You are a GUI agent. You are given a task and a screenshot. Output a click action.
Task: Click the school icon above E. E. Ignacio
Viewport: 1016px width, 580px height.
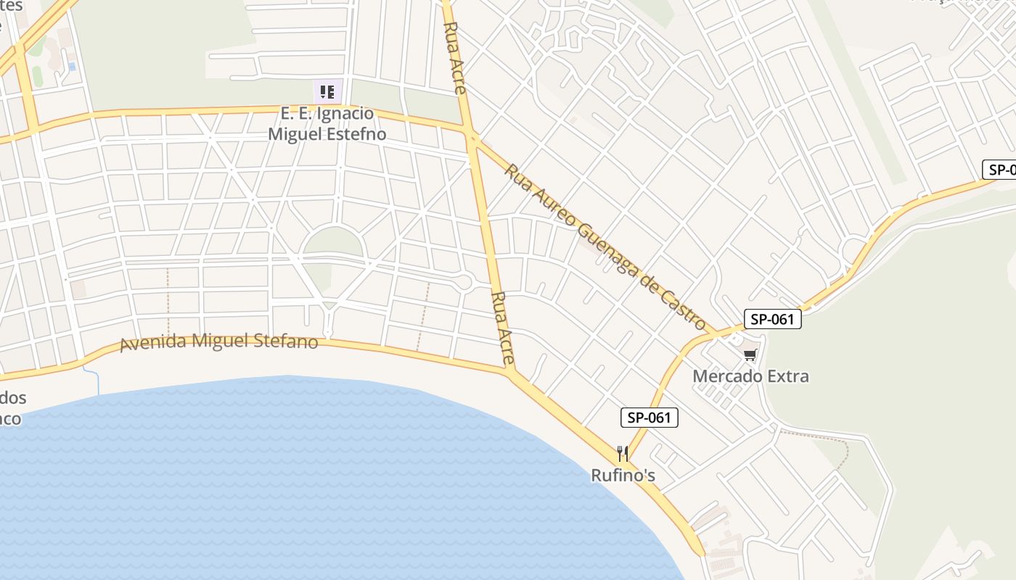(327, 92)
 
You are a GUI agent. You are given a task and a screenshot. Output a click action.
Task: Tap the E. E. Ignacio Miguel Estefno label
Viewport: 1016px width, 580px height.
(327, 124)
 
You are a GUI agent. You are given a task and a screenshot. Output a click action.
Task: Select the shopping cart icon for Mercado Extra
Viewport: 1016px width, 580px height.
(750, 355)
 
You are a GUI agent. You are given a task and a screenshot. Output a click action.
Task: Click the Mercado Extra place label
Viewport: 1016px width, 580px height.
(750, 376)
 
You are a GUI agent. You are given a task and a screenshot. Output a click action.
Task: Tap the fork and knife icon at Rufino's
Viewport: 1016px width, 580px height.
(623, 454)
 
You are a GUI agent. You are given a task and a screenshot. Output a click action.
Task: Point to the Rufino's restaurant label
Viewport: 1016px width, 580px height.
(623, 476)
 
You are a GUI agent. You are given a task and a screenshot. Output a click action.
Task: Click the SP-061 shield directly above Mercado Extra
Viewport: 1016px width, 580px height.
(772, 319)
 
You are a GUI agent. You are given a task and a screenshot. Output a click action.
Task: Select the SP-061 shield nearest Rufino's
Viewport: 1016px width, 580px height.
(650, 418)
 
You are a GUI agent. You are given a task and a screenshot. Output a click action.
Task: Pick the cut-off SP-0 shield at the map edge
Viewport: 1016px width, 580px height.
(1000, 170)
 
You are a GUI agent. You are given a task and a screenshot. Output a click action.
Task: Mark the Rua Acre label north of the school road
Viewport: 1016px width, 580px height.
(454, 58)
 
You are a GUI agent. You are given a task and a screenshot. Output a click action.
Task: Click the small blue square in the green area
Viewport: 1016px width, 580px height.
(71, 66)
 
